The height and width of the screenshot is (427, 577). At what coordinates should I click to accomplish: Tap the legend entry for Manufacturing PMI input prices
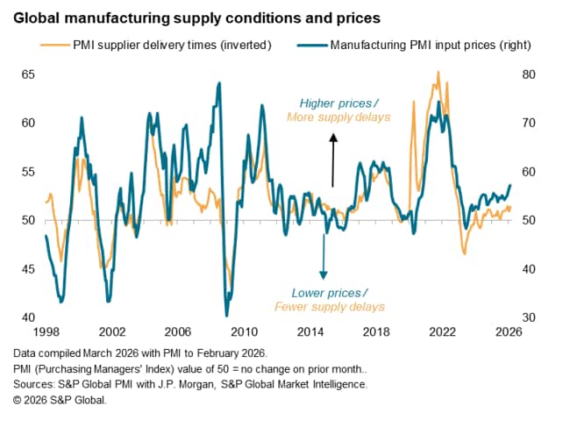tap(430, 44)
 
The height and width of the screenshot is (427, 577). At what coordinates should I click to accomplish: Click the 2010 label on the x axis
tap(244, 332)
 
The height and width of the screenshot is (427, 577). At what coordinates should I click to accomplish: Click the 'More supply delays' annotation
tap(338, 117)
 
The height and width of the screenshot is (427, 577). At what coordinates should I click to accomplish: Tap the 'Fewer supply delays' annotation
tap(329, 307)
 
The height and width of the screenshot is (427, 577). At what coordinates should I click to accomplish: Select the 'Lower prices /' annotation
tap(329, 292)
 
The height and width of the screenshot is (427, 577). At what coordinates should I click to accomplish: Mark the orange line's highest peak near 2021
tap(438, 73)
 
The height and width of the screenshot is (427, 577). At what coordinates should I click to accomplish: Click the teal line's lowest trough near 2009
tap(226, 315)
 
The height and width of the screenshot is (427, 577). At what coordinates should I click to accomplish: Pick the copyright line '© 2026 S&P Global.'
tap(61, 400)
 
